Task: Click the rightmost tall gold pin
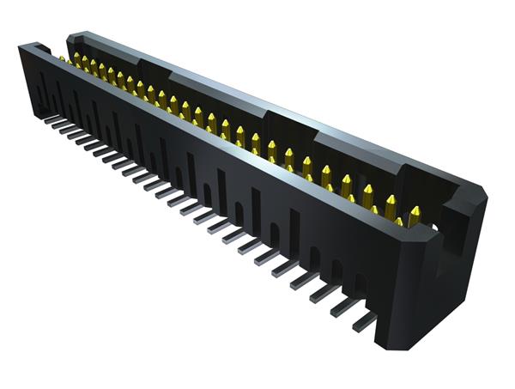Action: click(x=415, y=211)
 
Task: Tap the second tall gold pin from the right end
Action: click(x=391, y=203)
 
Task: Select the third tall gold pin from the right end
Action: click(x=368, y=191)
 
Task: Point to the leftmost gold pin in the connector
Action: click(x=62, y=58)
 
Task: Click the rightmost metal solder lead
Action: click(x=365, y=320)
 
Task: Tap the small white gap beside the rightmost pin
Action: click(x=433, y=226)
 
